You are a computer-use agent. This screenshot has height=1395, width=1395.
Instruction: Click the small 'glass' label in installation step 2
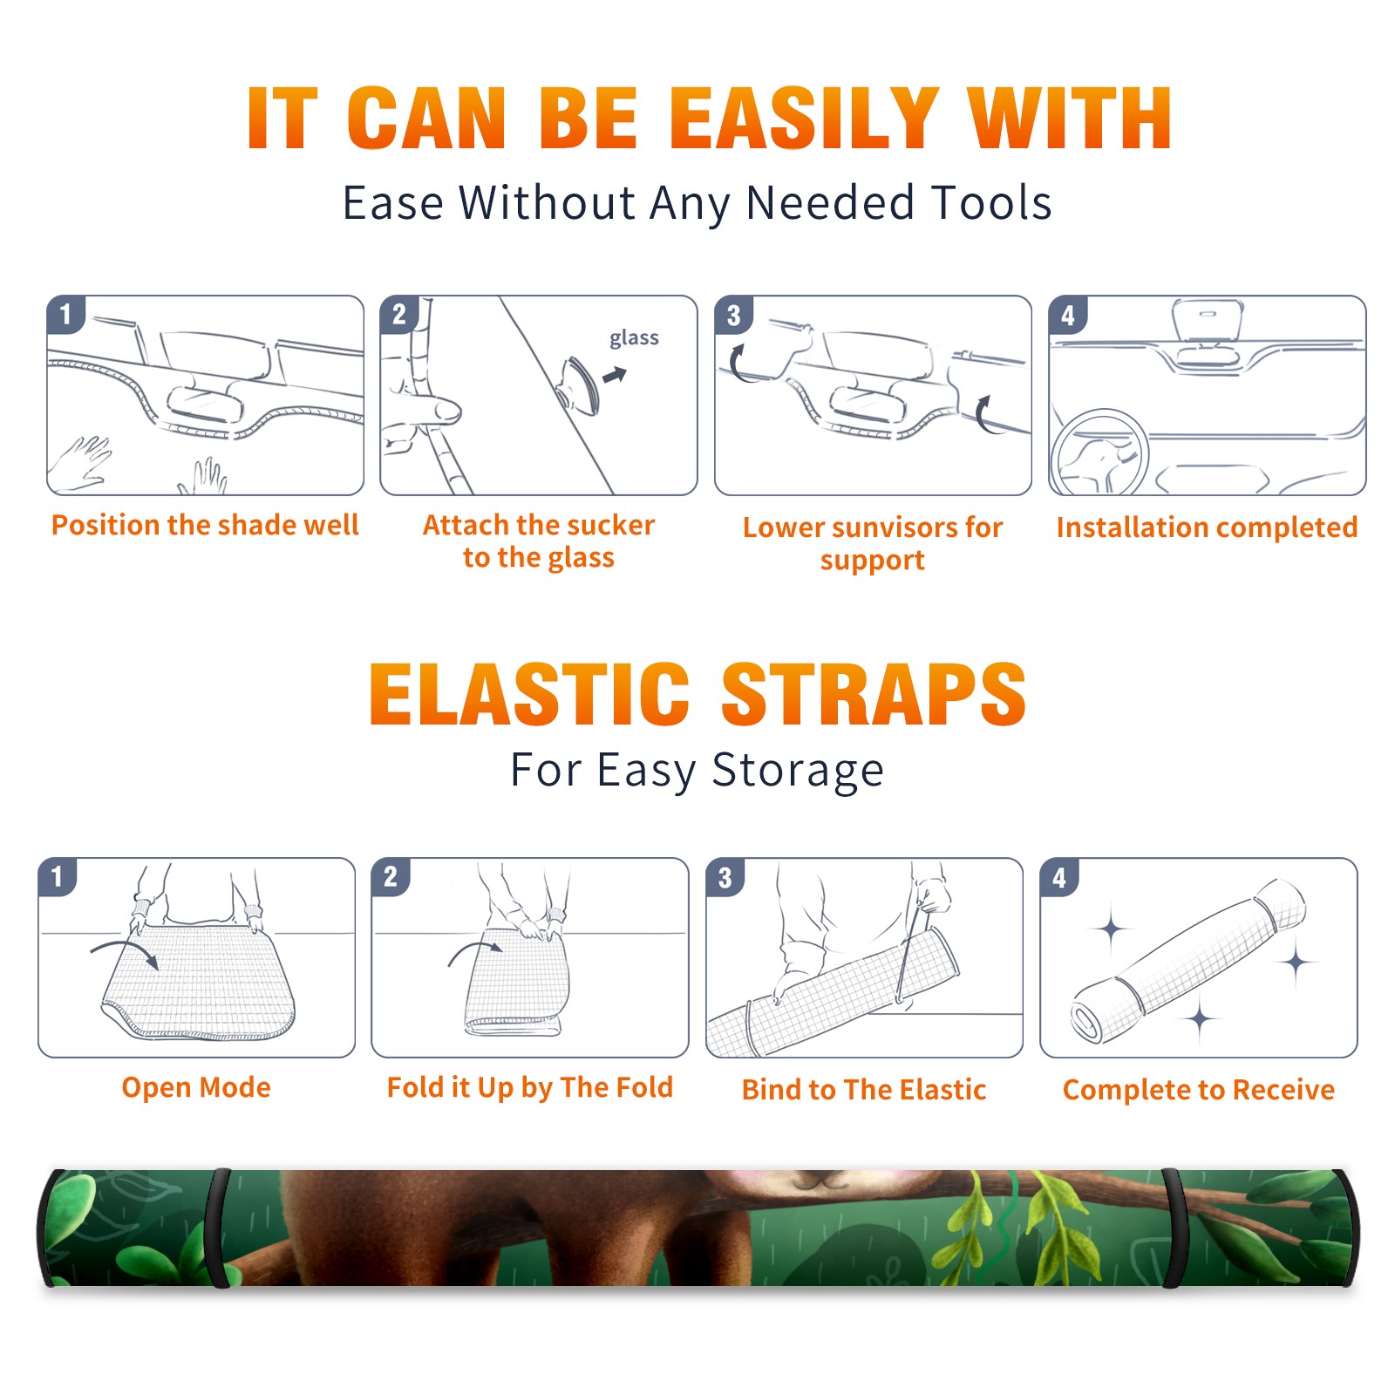tap(634, 338)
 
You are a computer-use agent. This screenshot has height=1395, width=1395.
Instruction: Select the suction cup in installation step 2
tap(579, 384)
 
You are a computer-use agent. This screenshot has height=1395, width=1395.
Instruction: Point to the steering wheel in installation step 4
tap(1099, 453)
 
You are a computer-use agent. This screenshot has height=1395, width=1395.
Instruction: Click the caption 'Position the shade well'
tap(205, 525)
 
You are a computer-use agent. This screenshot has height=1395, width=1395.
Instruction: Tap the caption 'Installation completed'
tap(1207, 527)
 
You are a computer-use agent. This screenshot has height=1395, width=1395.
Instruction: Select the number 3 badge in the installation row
tap(733, 316)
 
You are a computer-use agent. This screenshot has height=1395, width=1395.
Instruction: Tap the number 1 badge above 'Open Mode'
tap(58, 876)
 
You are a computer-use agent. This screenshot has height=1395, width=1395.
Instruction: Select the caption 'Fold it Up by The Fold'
tap(530, 1087)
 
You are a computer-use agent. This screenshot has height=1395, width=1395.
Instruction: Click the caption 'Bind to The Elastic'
tap(864, 1090)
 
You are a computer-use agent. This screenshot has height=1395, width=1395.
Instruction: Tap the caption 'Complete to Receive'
tap(1199, 1090)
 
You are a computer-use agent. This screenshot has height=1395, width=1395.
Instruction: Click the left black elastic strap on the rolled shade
tap(218, 1228)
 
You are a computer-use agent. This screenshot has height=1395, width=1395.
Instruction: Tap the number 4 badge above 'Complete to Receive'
tap(1059, 877)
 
